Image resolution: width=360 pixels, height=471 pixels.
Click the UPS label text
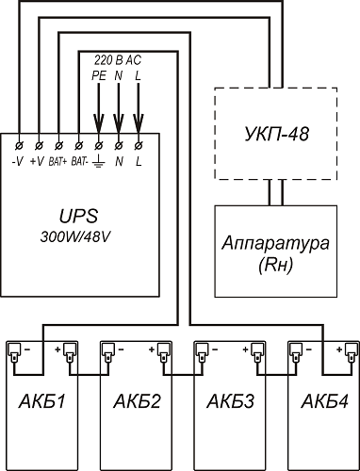pyautogui.click(x=79, y=216)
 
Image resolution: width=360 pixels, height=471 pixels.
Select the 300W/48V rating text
pyautogui.click(x=75, y=237)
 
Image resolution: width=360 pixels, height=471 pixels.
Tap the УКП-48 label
pyautogui.click(x=276, y=134)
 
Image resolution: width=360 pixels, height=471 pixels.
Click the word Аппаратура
pyautogui.click(x=276, y=243)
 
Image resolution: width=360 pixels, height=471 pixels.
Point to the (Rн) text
pyautogui.click(x=276, y=266)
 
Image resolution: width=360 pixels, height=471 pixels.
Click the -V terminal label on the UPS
pyautogui.click(x=18, y=162)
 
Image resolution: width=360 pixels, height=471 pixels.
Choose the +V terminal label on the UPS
pyautogui.click(x=37, y=162)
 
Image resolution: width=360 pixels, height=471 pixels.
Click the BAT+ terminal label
pyautogui.click(x=57, y=162)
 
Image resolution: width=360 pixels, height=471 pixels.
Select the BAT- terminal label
pyautogui.click(x=78, y=162)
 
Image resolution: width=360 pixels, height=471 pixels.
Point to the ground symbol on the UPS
pyautogui.click(x=99, y=162)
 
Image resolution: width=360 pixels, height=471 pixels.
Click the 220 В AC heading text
pyautogui.click(x=118, y=60)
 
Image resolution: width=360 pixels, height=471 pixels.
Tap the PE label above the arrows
pyautogui.click(x=99, y=75)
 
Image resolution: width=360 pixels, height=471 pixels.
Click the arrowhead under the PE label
pyautogui.click(x=99, y=123)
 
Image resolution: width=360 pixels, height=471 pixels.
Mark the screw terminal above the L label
pyautogui.click(x=139, y=145)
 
